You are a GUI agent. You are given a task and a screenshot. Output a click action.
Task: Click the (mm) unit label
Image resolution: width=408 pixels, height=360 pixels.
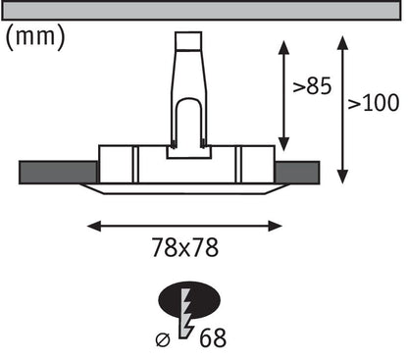point(35,37)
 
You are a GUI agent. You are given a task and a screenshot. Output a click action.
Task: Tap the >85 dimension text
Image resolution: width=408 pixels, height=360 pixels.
point(312,85)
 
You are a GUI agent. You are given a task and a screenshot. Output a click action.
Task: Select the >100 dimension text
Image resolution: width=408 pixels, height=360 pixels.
point(374,102)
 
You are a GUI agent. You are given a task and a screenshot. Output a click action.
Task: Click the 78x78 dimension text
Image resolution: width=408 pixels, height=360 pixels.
point(184,247)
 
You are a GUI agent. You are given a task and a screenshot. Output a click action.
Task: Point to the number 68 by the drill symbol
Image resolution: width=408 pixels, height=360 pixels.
point(213,338)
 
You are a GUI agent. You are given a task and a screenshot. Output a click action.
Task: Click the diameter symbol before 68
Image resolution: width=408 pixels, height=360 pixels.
point(163,340)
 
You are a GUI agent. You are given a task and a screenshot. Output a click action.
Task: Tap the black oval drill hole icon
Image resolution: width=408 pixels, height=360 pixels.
point(189,300)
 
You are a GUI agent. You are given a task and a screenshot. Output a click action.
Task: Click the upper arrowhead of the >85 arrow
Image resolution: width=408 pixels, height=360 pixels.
point(283,47)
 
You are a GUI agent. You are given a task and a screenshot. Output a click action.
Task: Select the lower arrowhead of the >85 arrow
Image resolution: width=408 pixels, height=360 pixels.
point(283,144)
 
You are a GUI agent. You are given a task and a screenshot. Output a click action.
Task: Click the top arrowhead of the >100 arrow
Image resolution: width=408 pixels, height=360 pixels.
point(342,43)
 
